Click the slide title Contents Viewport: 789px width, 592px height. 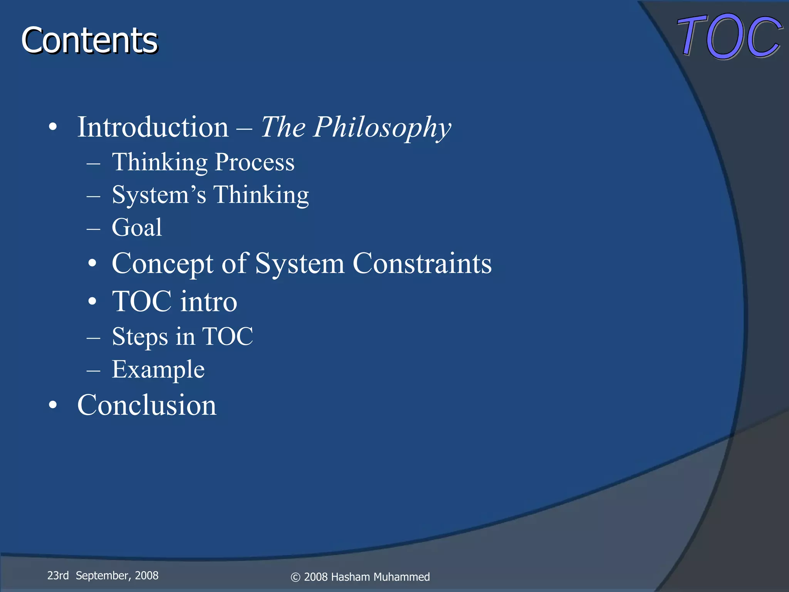[89, 40]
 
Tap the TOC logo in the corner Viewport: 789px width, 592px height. [729, 37]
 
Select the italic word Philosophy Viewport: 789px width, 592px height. [381, 128]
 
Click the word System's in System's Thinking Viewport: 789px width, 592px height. [159, 195]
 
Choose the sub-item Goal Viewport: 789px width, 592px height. [137, 227]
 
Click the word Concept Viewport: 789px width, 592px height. [162, 264]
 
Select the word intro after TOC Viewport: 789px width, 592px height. [208, 301]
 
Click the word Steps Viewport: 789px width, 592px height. [140, 337]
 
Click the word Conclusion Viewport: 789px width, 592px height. [147, 405]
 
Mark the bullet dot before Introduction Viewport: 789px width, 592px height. [53, 127]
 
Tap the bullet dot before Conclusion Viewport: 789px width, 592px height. [53, 405]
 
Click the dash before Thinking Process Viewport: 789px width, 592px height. [93, 163]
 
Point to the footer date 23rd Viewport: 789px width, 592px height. [58, 575]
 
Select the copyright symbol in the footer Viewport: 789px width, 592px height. [295, 577]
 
